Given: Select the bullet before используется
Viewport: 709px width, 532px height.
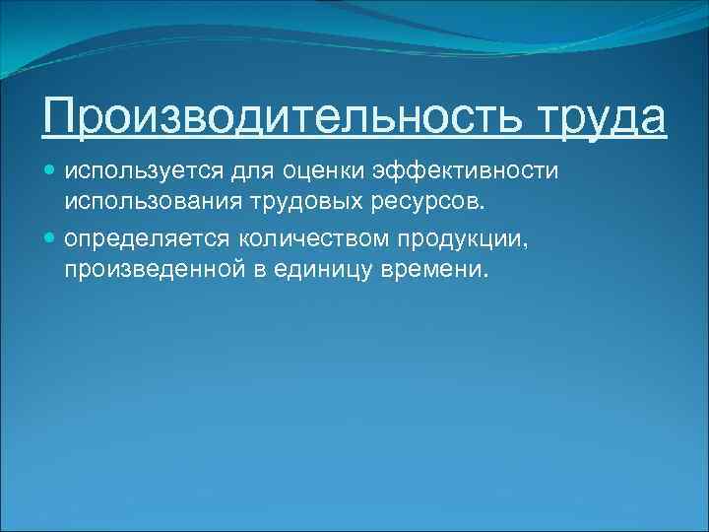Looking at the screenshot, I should click(x=51, y=172).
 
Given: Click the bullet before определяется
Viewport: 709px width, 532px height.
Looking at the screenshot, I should click(x=51, y=239).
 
